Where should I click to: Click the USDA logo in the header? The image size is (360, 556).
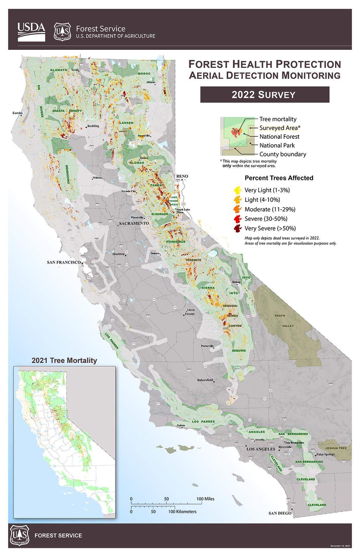pos(31,31)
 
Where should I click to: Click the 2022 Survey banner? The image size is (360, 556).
pos(265,95)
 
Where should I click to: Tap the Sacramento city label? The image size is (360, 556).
pos(134,223)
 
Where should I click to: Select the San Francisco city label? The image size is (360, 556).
pos(64,262)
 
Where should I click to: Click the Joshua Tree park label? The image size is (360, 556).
pos(336,448)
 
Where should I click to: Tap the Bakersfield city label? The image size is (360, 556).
pos(205,380)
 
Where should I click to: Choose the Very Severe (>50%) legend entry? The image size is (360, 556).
pos(270,228)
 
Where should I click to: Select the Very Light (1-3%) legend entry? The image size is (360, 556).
pos(267,190)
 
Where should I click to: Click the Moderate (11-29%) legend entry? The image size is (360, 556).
pos(270,209)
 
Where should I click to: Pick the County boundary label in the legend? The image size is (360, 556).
pos(283,154)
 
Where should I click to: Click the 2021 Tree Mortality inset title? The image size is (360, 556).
pos(64,360)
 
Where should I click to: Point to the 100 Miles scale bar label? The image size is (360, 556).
pos(205,499)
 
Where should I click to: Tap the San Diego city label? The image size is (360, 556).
pos(280,513)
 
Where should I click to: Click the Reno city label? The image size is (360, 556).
pos(182,176)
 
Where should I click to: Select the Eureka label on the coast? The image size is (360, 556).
pos(18,113)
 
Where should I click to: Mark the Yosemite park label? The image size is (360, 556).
pos(193,260)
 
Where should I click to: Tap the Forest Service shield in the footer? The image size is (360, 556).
pos(20,535)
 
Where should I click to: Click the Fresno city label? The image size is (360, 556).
pos(190,314)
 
